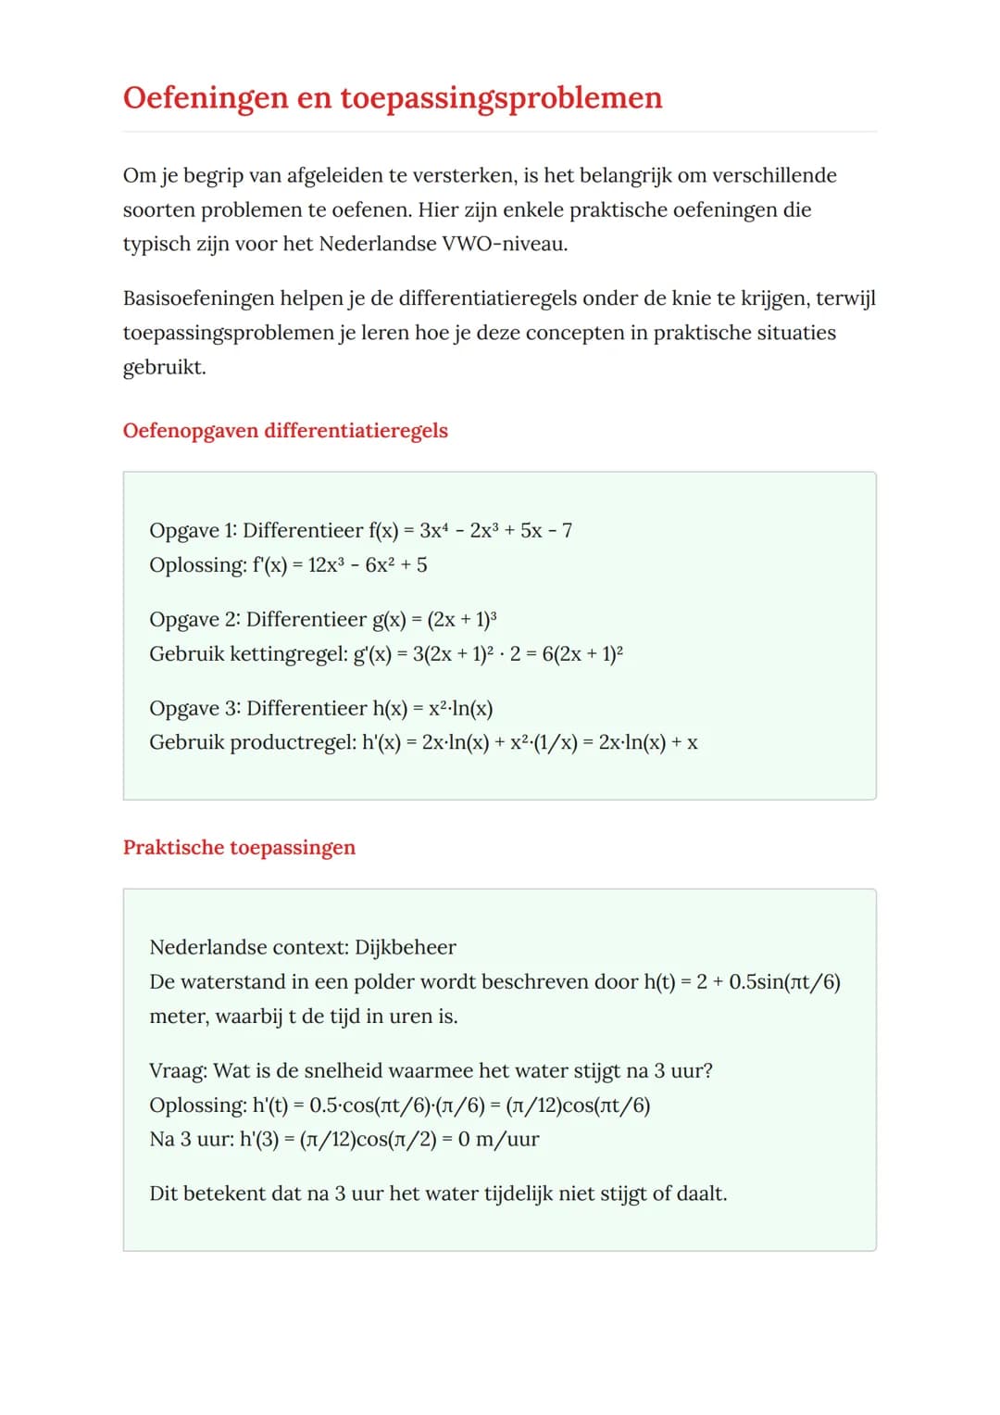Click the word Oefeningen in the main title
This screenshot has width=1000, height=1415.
pos(206,97)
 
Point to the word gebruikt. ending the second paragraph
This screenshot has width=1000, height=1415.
pos(164,367)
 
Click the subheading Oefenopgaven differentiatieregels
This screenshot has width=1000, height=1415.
pos(285,431)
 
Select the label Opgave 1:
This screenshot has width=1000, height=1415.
pos(193,531)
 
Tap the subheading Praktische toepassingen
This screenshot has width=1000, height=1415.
pos(239,848)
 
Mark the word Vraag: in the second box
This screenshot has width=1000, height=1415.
pos(178,1071)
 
